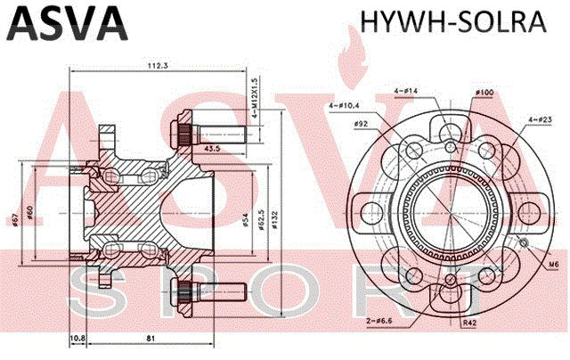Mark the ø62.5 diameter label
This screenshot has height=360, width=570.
click(x=261, y=218)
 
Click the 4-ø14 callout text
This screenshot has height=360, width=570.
click(x=405, y=91)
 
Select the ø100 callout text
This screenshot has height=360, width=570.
click(x=484, y=92)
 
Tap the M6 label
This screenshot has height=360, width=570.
click(x=553, y=265)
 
